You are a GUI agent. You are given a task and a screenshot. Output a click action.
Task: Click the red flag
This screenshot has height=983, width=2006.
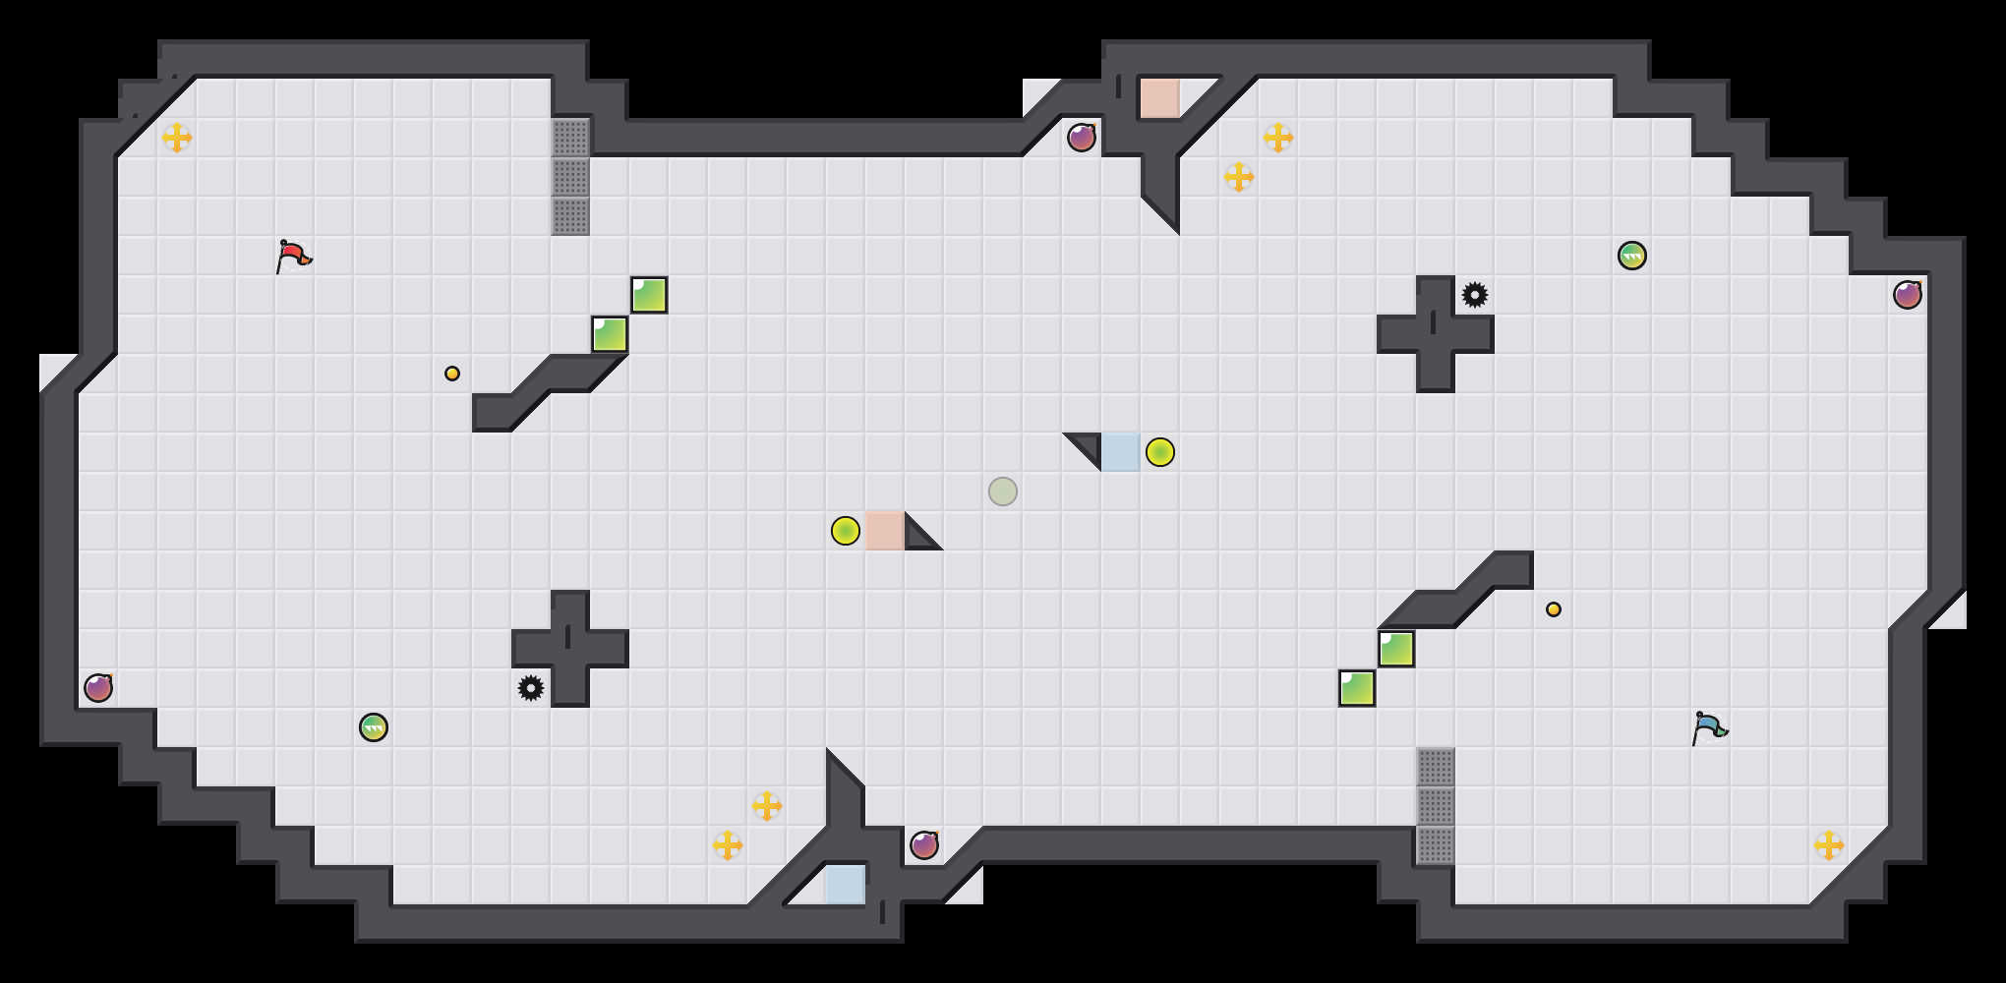[293, 256]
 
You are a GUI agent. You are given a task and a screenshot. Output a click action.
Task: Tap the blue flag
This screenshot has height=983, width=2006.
[1709, 727]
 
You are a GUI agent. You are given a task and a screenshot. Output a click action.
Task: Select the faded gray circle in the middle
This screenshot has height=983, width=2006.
[1003, 491]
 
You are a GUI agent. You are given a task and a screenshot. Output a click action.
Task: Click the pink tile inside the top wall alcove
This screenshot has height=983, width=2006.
[1160, 98]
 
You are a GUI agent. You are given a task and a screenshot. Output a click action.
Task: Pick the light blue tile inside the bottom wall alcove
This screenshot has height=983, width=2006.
[846, 885]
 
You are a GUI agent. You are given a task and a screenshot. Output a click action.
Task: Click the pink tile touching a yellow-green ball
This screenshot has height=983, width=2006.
[885, 531]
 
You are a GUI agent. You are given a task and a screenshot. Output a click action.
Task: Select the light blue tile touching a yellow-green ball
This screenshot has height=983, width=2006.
[1121, 452]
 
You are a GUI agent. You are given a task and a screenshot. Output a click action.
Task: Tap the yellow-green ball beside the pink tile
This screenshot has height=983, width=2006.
[846, 531]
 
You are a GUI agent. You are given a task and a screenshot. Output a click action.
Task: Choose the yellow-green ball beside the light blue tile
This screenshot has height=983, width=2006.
[1160, 452]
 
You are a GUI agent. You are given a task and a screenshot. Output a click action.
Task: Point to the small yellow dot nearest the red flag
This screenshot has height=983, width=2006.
[452, 374]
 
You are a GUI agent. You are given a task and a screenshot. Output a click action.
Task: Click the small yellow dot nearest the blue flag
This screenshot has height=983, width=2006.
[1554, 609]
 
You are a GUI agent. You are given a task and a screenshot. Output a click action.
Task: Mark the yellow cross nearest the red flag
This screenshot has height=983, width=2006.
[177, 138]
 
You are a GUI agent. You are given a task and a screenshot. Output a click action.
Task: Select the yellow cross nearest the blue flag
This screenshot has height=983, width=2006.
[1829, 845]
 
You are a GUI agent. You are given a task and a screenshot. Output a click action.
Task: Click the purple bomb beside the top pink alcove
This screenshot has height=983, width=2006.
[1082, 138]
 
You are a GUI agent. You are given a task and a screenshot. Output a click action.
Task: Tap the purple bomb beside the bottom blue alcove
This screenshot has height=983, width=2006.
[924, 845]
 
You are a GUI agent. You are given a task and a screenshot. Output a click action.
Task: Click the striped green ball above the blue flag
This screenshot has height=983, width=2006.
[1632, 256]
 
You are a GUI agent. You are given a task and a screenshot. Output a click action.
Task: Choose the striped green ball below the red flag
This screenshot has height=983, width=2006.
[374, 727]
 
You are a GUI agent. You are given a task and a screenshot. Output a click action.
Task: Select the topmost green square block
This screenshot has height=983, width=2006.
[649, 295]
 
